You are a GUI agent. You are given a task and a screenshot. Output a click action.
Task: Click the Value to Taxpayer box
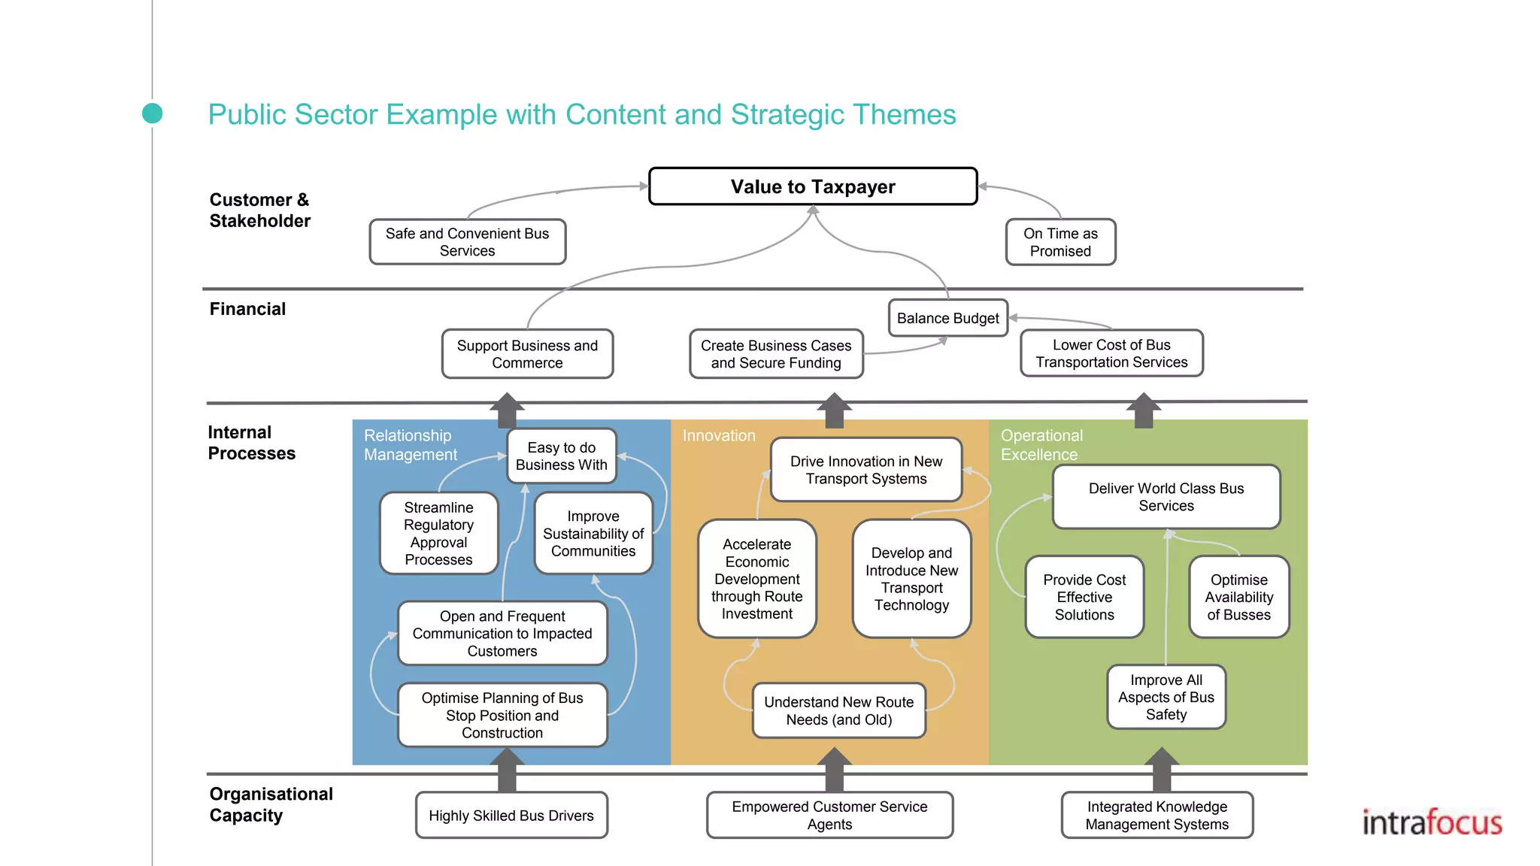pos(813,186)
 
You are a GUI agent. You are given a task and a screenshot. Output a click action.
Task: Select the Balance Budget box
pos(947,318)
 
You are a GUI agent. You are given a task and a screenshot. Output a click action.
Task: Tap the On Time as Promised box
pos(1060,242)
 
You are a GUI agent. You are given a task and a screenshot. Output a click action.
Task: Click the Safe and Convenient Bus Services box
pos(467,242)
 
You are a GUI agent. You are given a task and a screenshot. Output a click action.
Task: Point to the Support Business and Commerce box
pos(527,354)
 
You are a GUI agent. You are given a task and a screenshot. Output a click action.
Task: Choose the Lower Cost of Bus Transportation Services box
pos(1111,353)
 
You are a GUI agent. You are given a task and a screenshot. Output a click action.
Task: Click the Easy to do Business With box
pos(561,456)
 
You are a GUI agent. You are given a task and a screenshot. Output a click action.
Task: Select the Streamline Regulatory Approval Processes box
pos(438,533)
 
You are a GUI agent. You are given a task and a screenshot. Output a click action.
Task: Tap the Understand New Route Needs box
pos(838,710)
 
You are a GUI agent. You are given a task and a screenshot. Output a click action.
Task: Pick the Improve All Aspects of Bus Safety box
pos(1166,697)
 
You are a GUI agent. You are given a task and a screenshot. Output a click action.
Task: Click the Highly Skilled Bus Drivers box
pos(511,816)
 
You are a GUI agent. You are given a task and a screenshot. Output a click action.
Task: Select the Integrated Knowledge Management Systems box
pos(1157,816)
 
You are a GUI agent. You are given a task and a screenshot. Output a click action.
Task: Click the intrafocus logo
pos(1432,822)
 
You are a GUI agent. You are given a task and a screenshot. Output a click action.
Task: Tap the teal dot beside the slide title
pos(153,114)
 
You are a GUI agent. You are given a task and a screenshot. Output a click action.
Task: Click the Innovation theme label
pos(719,436)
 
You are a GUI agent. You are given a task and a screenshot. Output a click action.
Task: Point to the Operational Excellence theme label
pos(1041,445)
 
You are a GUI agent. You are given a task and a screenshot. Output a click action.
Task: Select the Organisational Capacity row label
pos(271,804)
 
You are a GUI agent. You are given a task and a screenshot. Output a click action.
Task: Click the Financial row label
pos(247,309)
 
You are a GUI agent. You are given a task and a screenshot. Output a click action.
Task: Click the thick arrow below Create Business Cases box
pos(834,410)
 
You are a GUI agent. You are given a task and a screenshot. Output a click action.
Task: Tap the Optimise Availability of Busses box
pos(1238,597)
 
